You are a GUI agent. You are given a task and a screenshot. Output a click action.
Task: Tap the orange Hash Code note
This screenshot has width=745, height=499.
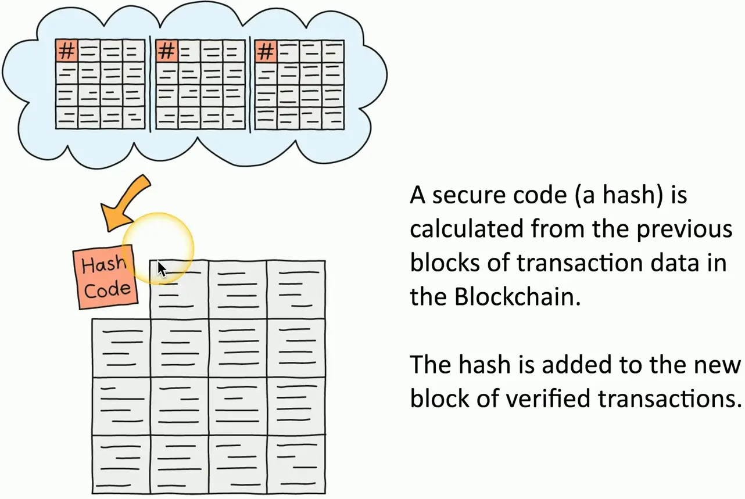pyautogui.click(x=106, y=277)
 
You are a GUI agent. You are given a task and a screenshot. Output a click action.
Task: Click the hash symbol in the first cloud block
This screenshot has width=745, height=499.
pyautogui.click(x=67, y=52)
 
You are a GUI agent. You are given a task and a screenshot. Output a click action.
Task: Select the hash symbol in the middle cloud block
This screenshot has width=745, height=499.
pyautogui.click(x=167, y=52)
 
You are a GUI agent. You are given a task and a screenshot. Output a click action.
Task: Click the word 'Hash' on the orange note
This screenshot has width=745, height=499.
pyautogui.click(x=103, y=265)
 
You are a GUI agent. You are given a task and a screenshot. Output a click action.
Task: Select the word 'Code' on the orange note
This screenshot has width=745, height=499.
pyautogui.click(x=108, y=289)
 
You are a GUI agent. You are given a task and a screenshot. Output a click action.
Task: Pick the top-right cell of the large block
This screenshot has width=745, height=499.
pyautogui.click(x=296, y=289)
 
